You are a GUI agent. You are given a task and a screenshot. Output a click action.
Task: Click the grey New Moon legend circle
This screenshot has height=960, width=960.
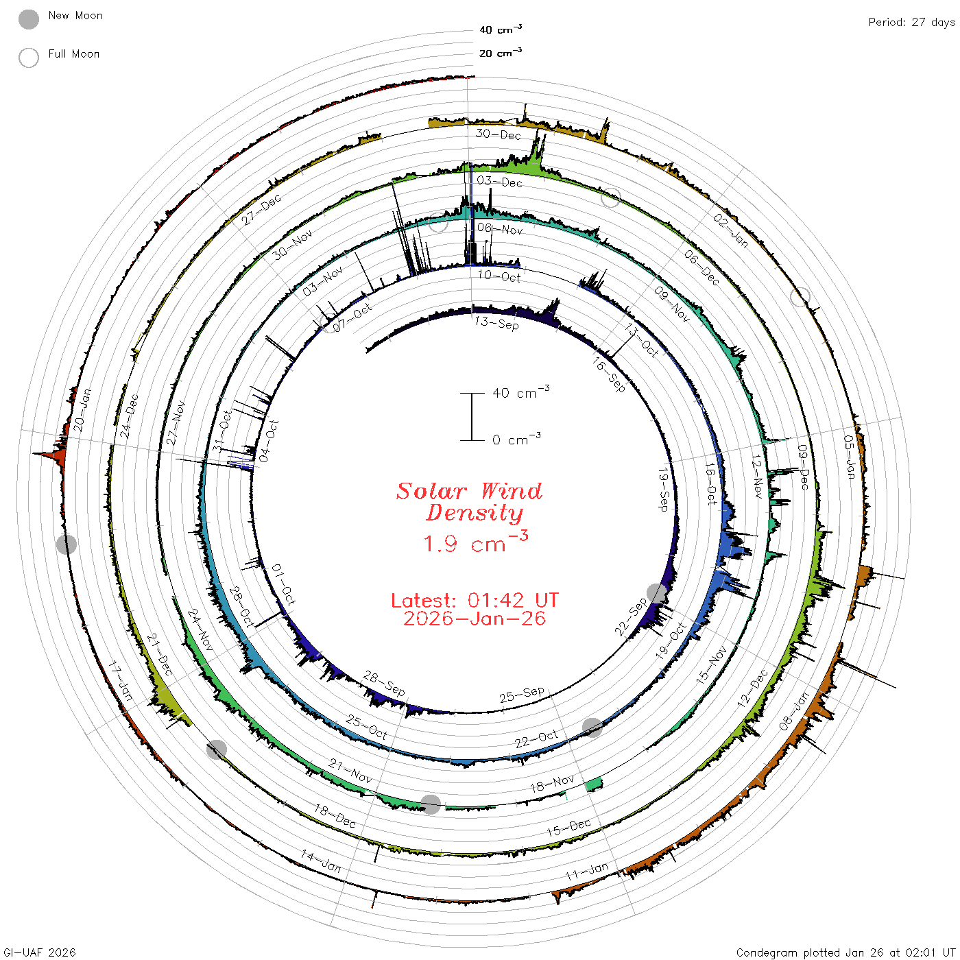tap(29, 19)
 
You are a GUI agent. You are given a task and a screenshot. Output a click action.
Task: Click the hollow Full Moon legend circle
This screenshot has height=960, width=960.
tap(29, 58)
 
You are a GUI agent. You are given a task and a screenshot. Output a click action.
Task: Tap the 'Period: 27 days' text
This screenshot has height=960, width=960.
tap(912, 23)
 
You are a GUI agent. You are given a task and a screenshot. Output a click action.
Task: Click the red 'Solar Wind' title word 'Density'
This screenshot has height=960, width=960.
tap(475, 513)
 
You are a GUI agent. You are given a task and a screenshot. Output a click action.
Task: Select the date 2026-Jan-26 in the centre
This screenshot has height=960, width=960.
tap(475, 619)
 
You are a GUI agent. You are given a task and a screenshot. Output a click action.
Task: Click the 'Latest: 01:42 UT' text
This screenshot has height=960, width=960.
tap(475, 600)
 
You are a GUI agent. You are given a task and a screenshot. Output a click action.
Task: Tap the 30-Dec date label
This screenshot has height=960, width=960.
tap(499, 134)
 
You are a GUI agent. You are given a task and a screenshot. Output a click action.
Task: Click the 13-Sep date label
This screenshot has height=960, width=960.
tap(496, 323)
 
